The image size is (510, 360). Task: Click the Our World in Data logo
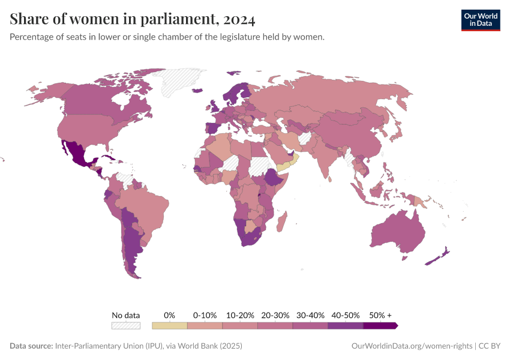(480, 20)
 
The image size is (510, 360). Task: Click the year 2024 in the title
(238, 20)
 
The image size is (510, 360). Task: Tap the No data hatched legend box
(125, 326)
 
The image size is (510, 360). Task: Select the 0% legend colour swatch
(170, 326)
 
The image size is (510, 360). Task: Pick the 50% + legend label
(380, 315)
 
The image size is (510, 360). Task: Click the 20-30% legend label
(275, 315)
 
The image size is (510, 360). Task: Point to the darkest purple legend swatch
(380, 326)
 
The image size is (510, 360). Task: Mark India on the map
(323, 156)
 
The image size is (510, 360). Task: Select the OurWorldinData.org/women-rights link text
(411, 346)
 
